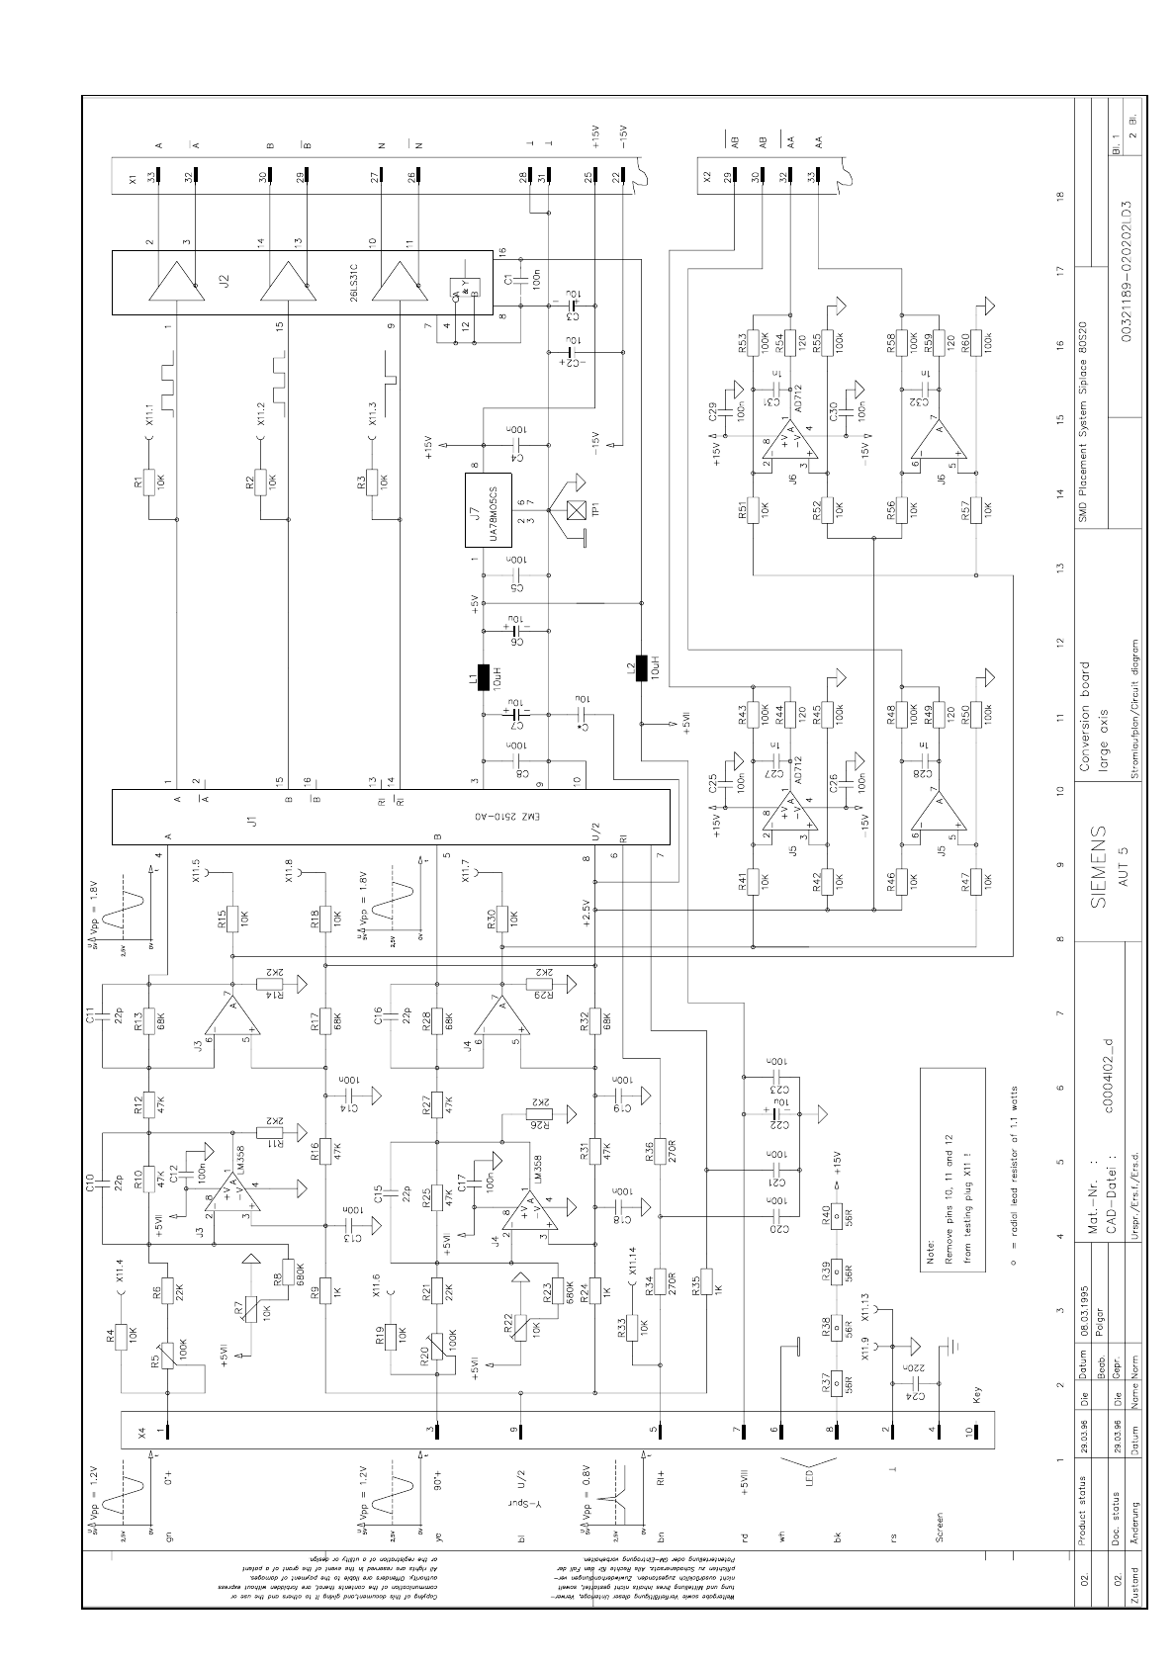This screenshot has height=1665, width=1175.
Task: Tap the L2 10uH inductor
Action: click(641, 668)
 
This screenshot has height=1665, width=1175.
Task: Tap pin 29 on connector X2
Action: click(733, 175)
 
